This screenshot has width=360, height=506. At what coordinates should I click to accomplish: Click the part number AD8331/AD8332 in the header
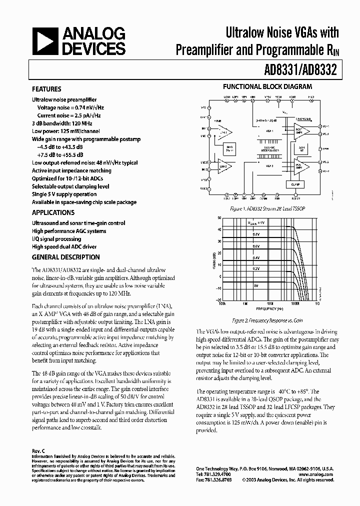[x=295, y=69]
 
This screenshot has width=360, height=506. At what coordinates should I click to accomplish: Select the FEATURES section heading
[x=46, y=89]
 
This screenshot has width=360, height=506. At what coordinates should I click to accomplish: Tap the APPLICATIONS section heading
[x=53, y=212]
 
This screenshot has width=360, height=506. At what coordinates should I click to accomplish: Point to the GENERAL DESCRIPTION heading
[x=65, y=257]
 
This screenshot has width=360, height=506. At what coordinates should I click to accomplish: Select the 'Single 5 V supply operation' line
[x=64, y=194]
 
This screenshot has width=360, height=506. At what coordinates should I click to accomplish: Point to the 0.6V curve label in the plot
[x=256, y=246]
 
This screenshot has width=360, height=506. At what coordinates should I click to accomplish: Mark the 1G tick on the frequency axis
[x=317, y=303]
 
